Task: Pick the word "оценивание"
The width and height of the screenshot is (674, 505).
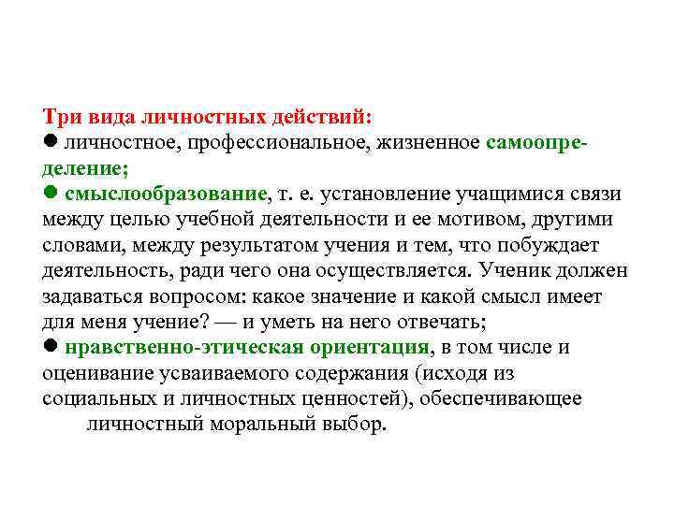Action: pos(94,373)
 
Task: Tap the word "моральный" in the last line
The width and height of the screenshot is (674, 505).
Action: pos(265,424)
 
